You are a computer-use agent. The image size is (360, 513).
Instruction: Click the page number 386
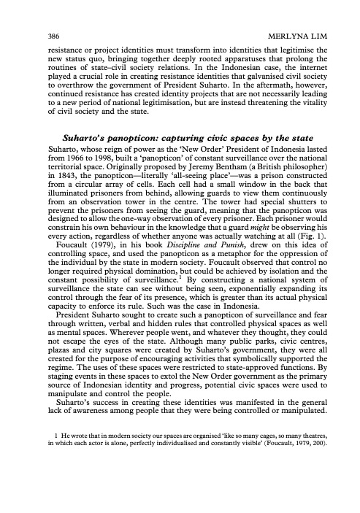pos(31,34)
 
